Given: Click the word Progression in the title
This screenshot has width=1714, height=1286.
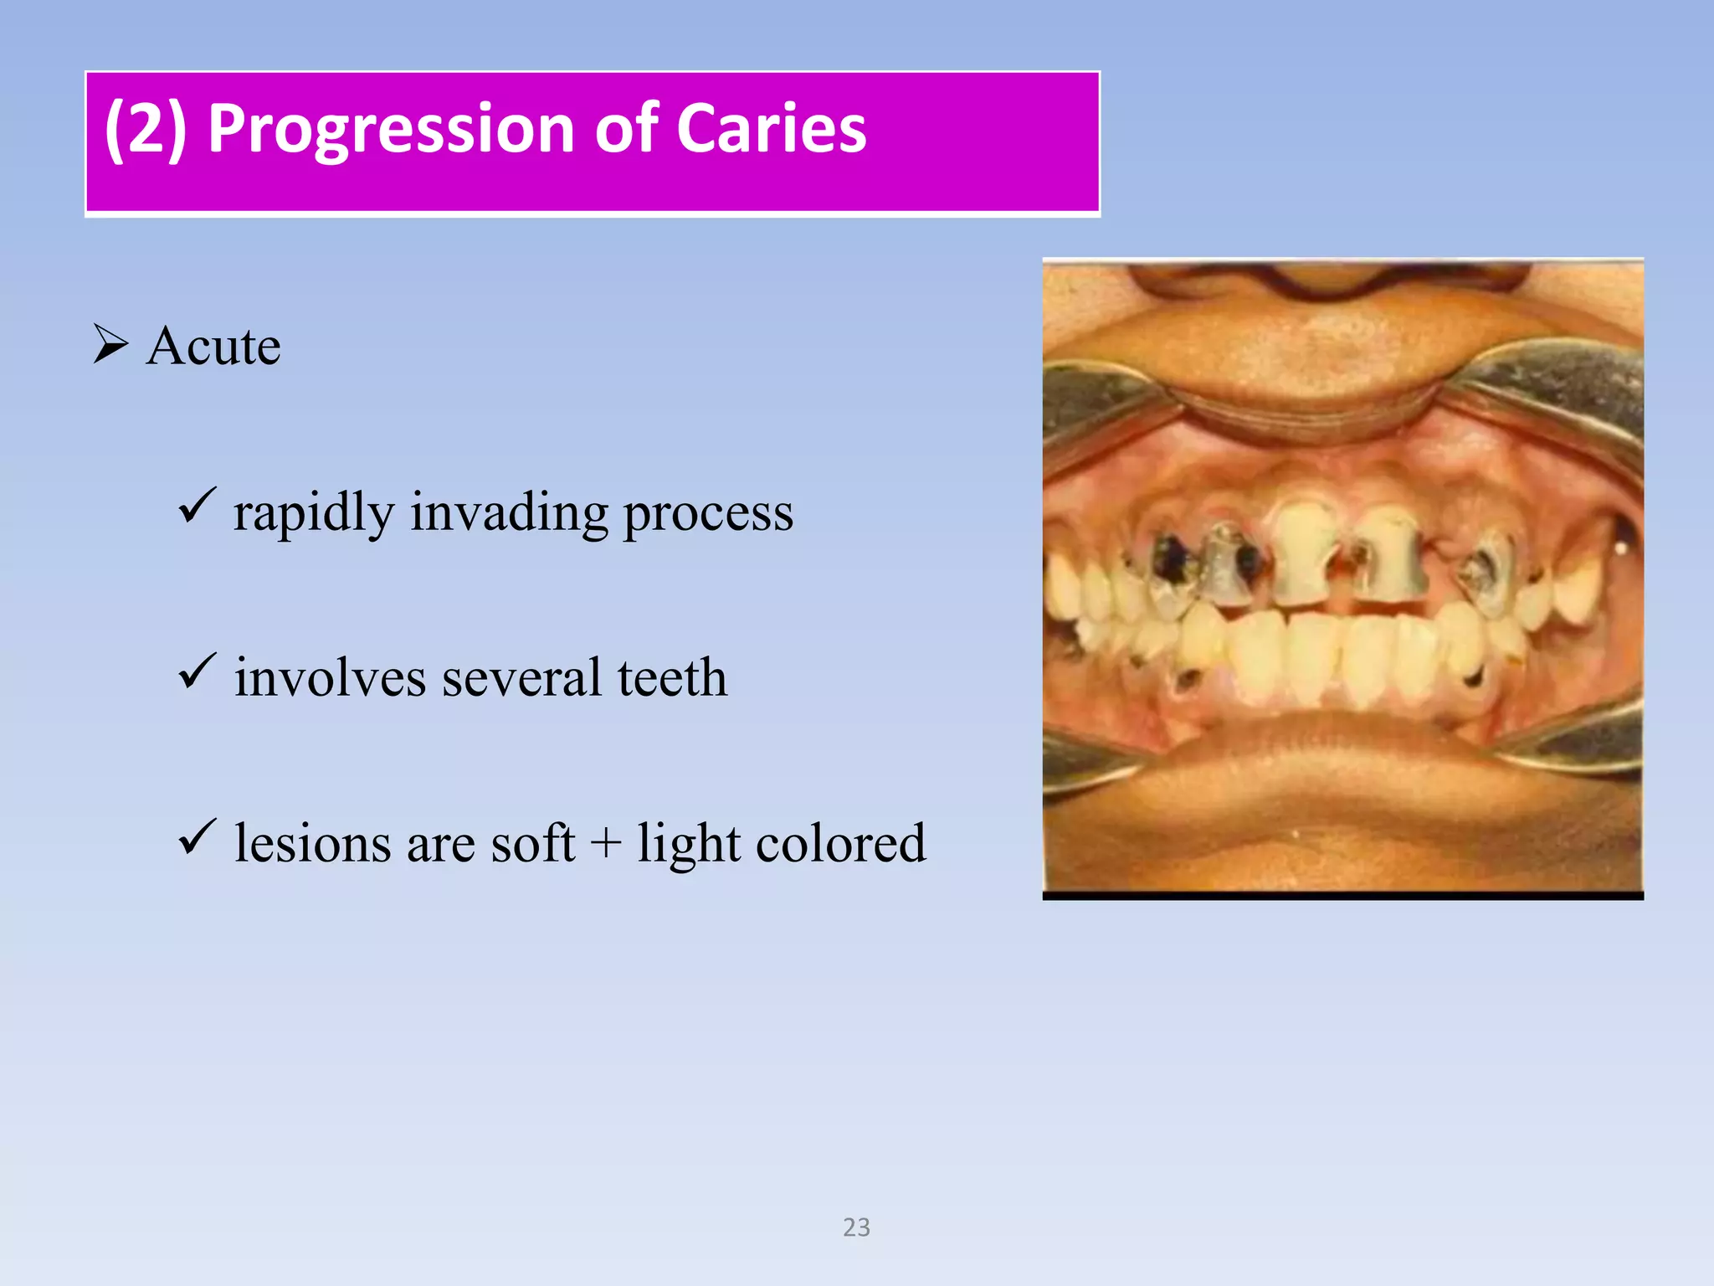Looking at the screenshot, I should [392, 130].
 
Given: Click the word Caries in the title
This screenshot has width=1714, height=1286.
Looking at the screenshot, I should [771, 130].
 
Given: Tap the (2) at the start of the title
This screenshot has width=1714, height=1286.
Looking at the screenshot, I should [145, 130].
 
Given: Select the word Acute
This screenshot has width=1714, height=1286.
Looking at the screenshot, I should [213, 346].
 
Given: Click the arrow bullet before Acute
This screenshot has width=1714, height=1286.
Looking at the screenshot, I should [110, 344].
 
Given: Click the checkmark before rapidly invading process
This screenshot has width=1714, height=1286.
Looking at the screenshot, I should [197, 506].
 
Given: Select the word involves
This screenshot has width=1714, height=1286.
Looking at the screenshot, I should [330, 677].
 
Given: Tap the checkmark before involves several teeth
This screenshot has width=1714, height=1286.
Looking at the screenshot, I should [197, 671].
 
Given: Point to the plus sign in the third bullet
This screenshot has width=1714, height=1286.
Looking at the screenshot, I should [605, 844].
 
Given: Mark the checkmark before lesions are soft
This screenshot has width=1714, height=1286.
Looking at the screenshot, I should [197, 837].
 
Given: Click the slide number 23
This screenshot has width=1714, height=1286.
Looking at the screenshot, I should [856, 1227].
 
